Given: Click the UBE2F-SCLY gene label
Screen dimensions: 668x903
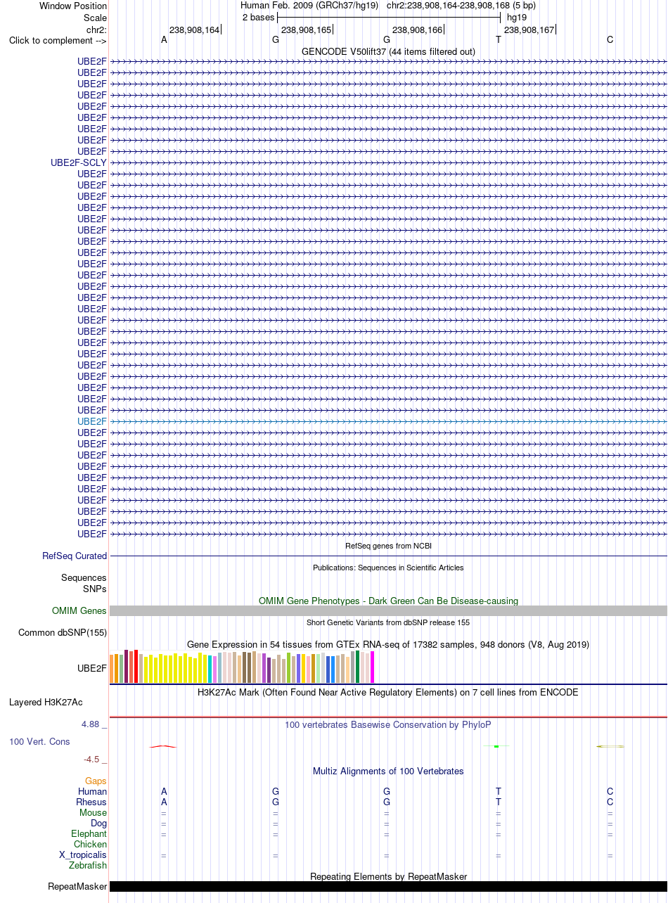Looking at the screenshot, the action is (79, 163).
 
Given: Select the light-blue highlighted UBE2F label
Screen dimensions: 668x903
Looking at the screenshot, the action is (92, 421).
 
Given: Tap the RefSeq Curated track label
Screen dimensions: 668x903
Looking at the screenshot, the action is (75, 556).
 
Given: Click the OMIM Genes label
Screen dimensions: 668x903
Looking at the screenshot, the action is (79, 610).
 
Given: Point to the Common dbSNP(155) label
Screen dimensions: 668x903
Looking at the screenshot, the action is (63, 633).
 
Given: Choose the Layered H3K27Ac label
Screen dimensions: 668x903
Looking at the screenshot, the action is (46, 703).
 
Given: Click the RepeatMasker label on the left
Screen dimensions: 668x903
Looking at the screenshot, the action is (77, 887).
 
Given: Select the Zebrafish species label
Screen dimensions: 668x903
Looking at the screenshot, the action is (87, 866).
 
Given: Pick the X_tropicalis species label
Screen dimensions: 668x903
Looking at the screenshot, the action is (83, 855).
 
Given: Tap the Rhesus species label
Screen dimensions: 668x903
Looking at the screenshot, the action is (91, 802).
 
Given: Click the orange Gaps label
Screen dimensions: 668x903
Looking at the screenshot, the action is (96, 781).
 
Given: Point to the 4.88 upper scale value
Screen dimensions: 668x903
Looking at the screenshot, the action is (91, 724).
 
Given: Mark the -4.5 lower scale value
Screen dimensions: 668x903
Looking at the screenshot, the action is (91, 760).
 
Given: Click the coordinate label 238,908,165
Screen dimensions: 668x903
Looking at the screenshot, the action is (306, 30).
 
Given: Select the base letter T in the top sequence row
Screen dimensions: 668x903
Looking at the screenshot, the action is (499, 40).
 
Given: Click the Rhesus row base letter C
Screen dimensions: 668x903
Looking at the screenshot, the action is (610, 802).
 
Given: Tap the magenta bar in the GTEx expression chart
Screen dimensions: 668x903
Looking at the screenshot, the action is (372, 667).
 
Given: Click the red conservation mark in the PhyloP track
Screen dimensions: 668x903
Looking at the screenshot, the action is (163, 746).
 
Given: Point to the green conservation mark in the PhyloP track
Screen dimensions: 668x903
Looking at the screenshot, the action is (496, 746).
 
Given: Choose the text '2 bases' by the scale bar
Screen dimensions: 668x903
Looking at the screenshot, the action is (259, 18).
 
